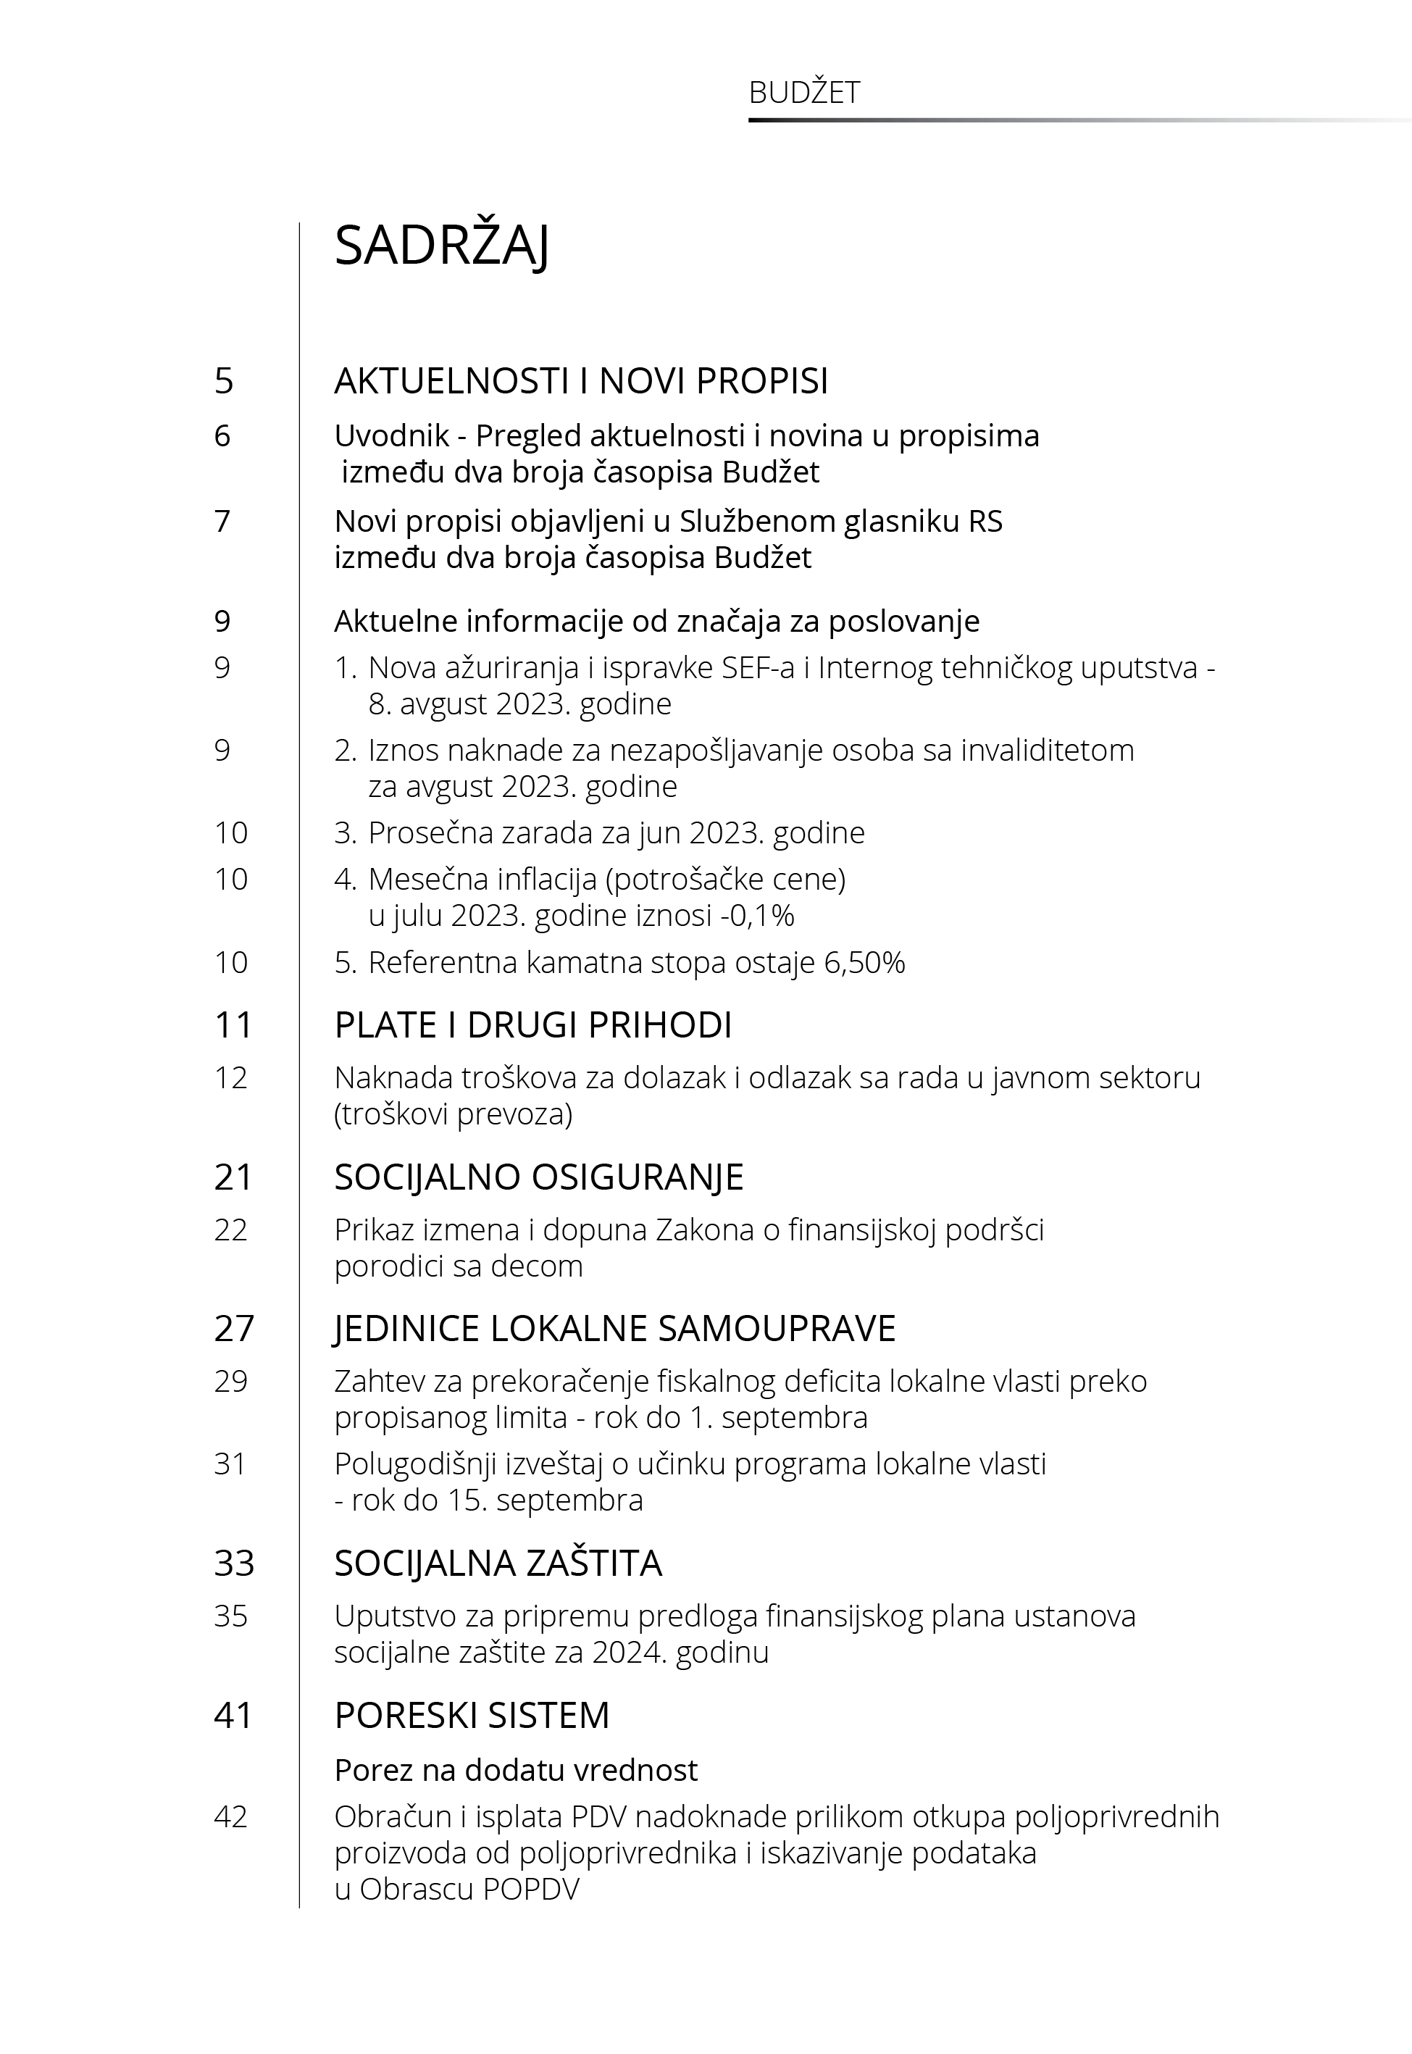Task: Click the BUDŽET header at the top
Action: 803,93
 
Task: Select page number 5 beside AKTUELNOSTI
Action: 224,381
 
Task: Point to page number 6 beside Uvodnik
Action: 222,436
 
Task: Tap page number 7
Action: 222,522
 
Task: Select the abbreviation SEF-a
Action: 757,667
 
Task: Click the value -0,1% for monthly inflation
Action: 757,916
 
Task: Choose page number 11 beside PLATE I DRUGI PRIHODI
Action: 233,1025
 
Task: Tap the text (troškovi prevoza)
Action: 453,1114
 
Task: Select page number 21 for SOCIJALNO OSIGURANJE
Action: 233,1177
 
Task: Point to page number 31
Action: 230,1465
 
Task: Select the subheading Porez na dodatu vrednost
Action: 516,1770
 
